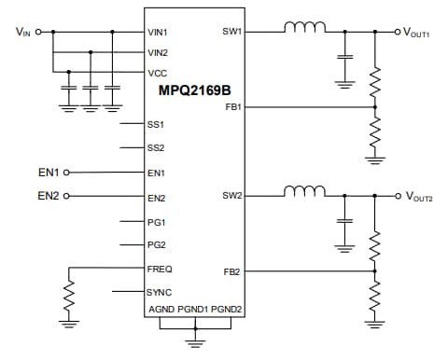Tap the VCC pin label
point(157,72)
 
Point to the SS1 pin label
point(156,124)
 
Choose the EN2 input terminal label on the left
point(48,196)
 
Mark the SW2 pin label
point(232,197)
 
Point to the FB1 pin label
point(233,107)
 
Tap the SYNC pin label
point(159,292)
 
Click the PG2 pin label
point(156,245)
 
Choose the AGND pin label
point(161,310)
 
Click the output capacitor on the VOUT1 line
point(344,57)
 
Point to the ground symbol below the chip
point(193,341)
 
